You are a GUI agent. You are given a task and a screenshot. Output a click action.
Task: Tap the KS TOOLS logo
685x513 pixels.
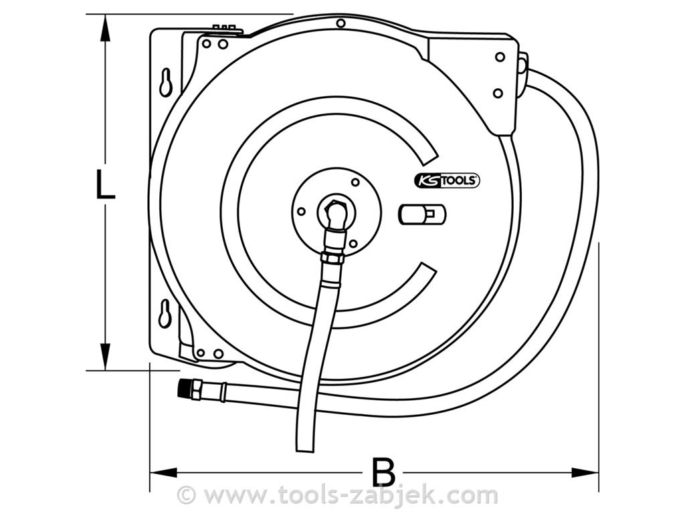click(446, 180)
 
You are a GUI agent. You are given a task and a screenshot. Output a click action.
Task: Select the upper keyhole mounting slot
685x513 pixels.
click(166, 81)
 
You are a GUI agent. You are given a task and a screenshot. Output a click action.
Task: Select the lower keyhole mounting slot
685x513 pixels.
click(165, 313)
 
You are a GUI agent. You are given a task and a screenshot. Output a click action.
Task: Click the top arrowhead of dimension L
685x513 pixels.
click(104, 28)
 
